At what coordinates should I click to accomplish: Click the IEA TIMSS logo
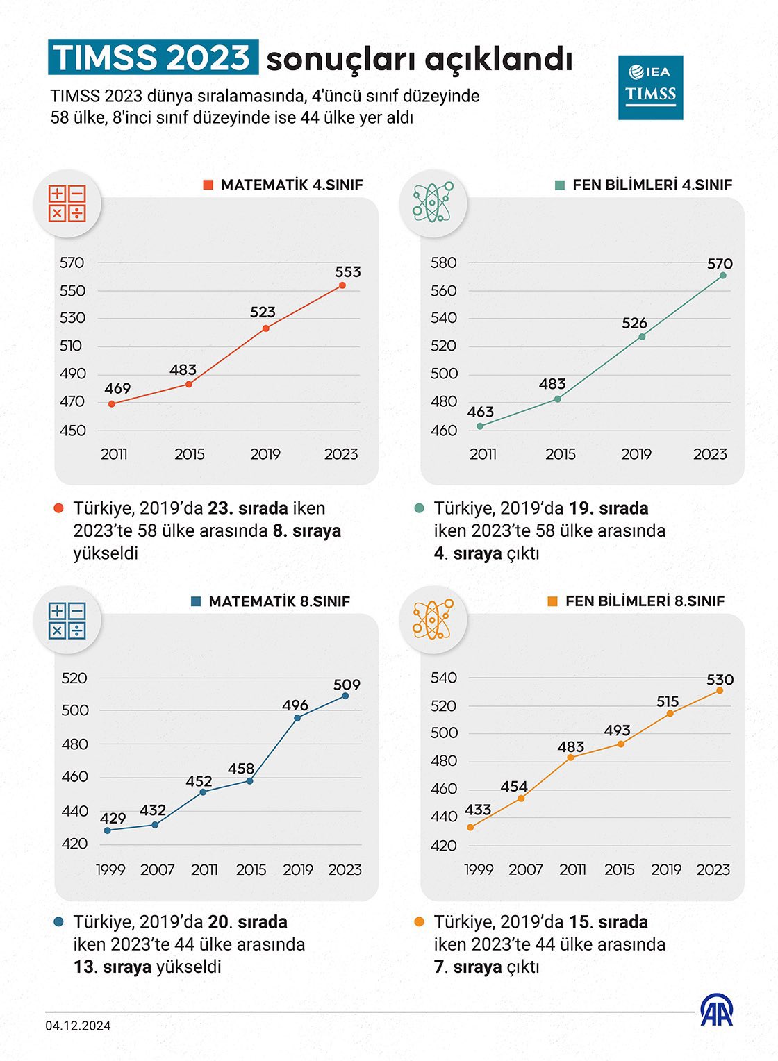tap(650, 87)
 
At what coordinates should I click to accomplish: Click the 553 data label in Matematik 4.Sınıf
tap(347, 272)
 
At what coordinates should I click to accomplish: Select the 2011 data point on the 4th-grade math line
tap(112, 403)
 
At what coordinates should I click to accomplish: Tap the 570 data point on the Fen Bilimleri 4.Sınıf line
tap(722, 276)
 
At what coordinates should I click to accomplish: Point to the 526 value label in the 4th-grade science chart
tap(634, 323)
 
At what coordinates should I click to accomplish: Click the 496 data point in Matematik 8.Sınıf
tap(297, 718)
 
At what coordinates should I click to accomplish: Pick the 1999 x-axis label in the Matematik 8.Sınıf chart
tap(110, 869)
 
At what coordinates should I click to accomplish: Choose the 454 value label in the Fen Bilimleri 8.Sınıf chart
tap(514, 787)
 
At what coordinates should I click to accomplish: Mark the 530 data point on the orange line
tap(720, 691)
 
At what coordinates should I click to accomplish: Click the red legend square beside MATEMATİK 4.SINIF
tap(208, 185)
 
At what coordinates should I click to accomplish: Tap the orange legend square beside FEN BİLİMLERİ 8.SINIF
tap(552, 601)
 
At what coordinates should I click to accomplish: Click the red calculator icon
tap(67, 204)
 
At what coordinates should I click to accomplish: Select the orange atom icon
tap(432, 619)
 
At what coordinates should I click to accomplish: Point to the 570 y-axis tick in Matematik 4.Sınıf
tap(72, 262)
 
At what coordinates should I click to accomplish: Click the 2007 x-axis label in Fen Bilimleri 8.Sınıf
tap(525, 869)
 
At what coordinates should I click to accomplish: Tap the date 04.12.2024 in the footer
tap(78, 1026)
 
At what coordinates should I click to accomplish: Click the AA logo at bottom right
tap(716, 1010)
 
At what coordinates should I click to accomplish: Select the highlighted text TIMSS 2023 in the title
tap(153, 58)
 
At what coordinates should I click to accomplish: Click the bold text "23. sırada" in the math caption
tap(248, 508)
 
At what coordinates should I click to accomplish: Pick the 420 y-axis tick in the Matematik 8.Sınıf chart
tap(74, 844)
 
